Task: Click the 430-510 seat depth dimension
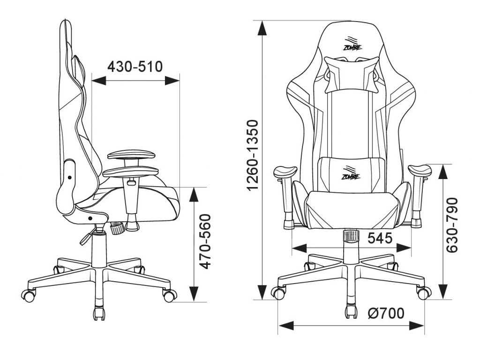pos(135,67)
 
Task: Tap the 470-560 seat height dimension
pos(205,242)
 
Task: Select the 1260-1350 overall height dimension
pos(254,156)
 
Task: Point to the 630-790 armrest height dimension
pos(452,225)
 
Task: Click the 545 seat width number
pos(380,238)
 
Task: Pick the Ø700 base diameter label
pos(386,313)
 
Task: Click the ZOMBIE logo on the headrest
pos(352,45)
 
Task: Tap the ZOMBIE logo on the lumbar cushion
pos(351,173)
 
